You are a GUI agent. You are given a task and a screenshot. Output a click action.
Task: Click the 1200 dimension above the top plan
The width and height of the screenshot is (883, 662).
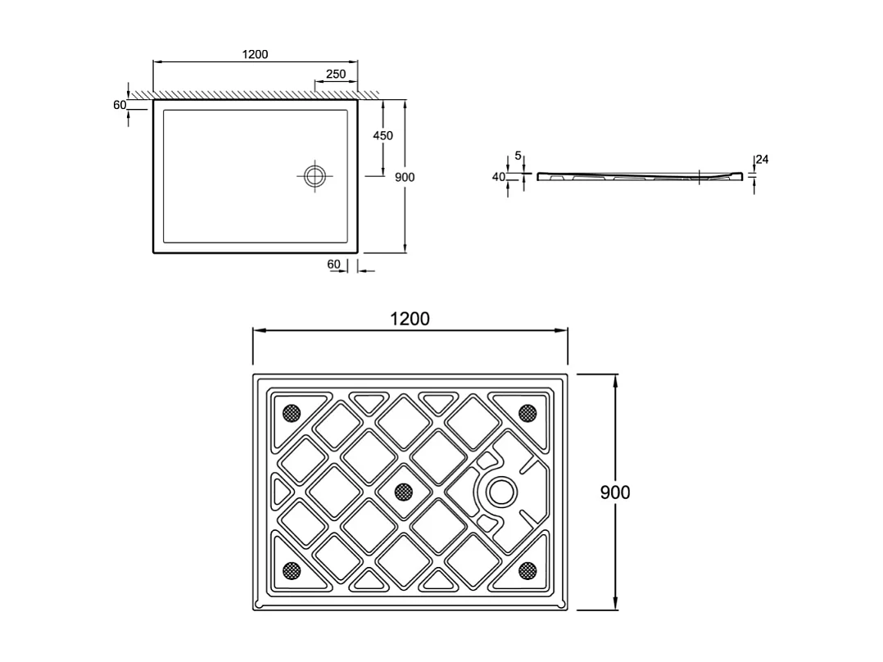point(255,54)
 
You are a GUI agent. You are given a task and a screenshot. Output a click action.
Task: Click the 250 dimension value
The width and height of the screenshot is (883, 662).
point(336,74)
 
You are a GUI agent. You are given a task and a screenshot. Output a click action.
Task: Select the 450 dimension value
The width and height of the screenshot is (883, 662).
point(383,135)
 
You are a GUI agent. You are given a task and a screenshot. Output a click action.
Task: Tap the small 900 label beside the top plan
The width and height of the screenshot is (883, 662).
point(405,177)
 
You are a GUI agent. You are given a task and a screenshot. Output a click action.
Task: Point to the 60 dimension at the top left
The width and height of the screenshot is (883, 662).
point(120,105)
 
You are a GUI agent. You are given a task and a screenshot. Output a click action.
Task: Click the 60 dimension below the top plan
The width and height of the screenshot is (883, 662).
point(333,264)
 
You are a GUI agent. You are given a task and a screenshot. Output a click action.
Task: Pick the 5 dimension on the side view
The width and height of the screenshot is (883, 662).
point(518,155)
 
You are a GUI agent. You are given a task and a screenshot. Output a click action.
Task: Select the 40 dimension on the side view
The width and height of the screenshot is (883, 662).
point(498,176)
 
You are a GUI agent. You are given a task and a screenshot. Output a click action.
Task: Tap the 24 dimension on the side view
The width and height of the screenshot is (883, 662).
point(762,160)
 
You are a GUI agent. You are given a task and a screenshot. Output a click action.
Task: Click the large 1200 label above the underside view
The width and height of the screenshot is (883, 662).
point(410,319)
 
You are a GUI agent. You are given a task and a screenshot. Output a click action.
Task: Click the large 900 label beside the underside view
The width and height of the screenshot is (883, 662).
point(615,492)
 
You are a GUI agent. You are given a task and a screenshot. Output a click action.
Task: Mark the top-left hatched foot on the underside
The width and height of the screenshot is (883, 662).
point(291,413)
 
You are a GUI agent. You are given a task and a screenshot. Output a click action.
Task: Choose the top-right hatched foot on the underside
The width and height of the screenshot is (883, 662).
point(527,413)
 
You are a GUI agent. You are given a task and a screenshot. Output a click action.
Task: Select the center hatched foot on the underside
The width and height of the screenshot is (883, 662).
point(403,491)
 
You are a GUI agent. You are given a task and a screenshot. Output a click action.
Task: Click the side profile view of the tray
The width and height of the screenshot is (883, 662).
point(639,176)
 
